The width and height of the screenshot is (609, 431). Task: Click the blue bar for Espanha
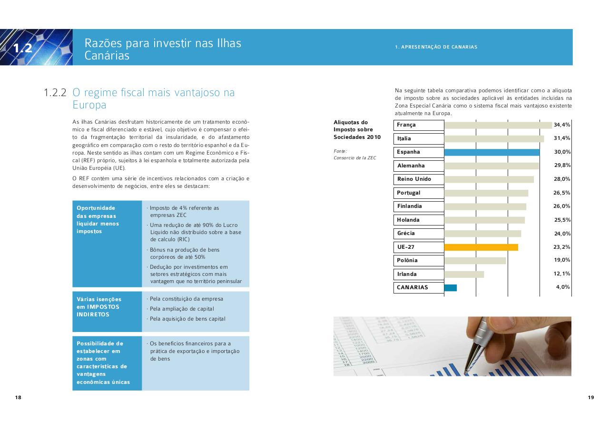[491, 152]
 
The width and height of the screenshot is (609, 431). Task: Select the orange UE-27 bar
[481, 247]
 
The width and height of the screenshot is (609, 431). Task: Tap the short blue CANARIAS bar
[450, 288]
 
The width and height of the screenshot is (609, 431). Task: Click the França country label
[406, 125]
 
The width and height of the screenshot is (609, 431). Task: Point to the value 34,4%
[562, 125]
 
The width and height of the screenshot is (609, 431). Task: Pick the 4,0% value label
[563, 287]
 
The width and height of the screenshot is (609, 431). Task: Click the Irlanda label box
[419, 274]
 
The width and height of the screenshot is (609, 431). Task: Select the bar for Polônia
[475, 261]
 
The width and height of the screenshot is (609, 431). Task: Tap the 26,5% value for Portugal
[562, 193]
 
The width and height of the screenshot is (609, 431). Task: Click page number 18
[18, 398]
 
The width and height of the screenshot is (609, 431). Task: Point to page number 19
[591, 398]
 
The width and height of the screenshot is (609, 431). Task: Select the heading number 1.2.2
[55, 93]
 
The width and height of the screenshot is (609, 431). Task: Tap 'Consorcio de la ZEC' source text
[354, 158]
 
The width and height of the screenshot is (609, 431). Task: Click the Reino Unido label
[414, 179]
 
